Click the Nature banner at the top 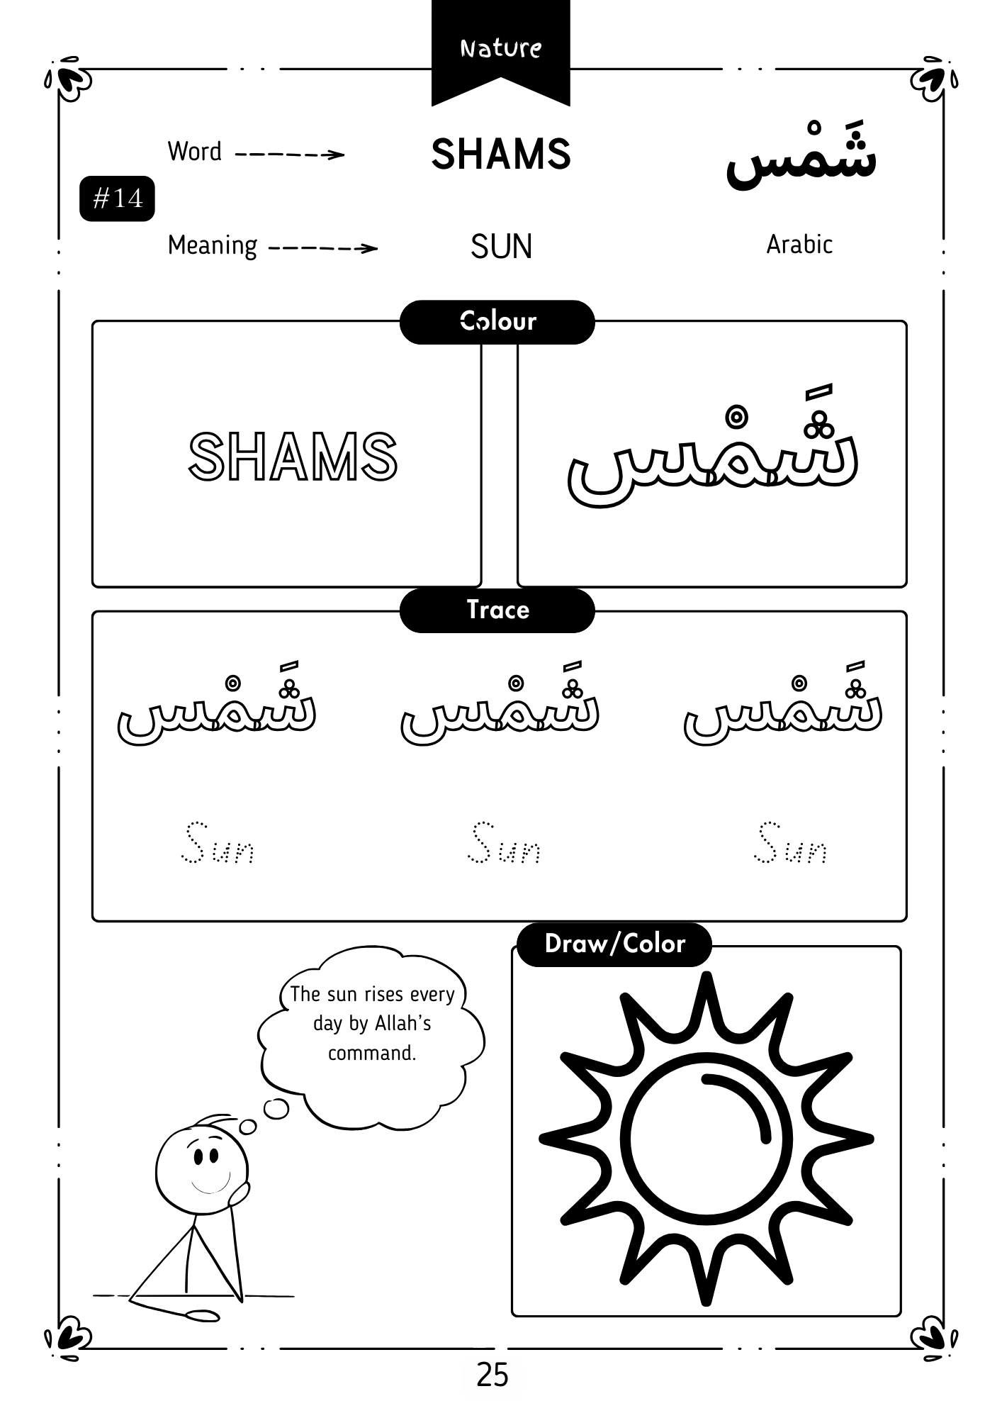pyautogui.click(x=500, y=48)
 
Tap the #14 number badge pyautogui.click(x=117, y=199)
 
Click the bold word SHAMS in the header pyautogui.click(x=500, y=154)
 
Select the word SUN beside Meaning pyautogui.click(x=500, y=247)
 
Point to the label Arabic pyautogui.click(x=799, y=245)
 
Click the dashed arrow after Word pyautogui.click(x=289, y=155)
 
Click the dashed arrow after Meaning pyautogui.click(x=323, y=248)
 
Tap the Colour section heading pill pyautogui.click(x=497, y=322)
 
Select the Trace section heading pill pyautogui.click(x=497, y=610)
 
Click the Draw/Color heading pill pyautogui.click(x=614, y=944)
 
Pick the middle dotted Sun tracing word pyautogui.click(x=504, y=844)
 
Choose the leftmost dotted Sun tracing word pyautogui.click(x=218, y=844)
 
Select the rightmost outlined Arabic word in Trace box pyautogui.click(x=783, y=709)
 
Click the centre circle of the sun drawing pyautogui.click(x=706, y=1140)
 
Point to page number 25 pyautogui.click(x=492, y=1374)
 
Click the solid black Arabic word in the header pyautogui.click(x=801, y=160)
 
